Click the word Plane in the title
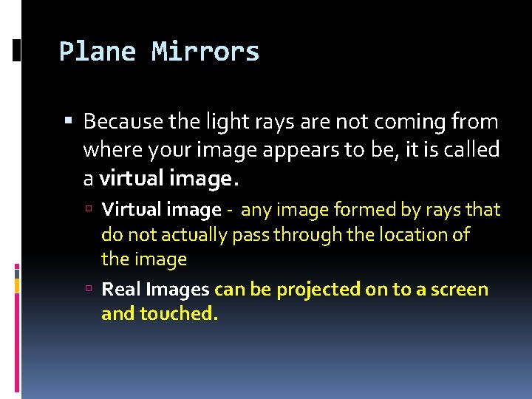pos(98,52)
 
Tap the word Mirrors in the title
pos(205,52)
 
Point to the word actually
pos(185,235)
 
